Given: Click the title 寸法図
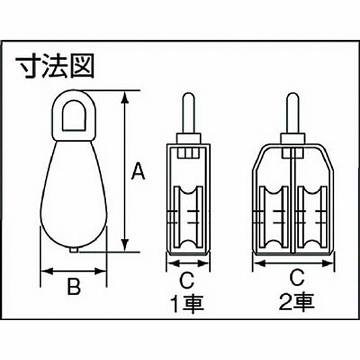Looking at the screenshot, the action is (55, 66).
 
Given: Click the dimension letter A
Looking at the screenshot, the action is (138, 171).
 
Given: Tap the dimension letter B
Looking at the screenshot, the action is (74, 286).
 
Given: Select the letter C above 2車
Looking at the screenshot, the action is (296, 277).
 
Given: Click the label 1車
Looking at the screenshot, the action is (187, 304).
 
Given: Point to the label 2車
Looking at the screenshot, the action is (296, 302).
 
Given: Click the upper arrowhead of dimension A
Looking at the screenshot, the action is (125, 97).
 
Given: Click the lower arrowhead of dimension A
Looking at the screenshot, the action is (125, 245).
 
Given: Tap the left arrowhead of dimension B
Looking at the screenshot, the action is (47, 271).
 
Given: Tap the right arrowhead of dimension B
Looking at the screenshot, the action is (101, 271).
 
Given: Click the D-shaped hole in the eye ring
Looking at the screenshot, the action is (74, 115).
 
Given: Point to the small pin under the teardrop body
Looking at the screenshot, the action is (74, 250).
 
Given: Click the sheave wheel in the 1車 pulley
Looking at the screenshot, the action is (188, 217).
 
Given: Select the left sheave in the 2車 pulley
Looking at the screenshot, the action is (274, 217).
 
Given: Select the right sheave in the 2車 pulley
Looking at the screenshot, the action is (312, 217).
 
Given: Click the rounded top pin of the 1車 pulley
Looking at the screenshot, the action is (188, 113).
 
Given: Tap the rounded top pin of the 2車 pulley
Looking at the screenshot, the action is (293, 113).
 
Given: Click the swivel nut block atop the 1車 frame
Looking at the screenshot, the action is (188, 139).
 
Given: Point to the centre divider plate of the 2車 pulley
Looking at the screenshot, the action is (293, 200).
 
